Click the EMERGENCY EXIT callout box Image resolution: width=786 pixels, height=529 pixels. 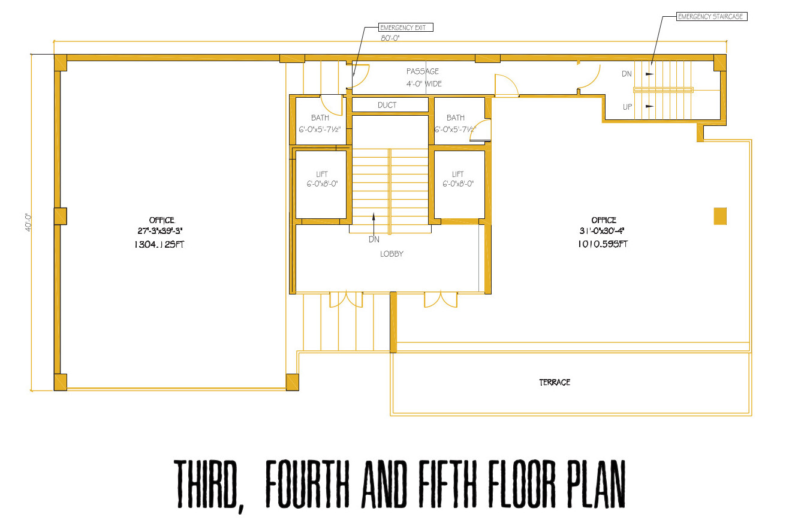point(406,28)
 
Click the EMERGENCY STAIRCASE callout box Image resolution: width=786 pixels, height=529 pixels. point(712,17)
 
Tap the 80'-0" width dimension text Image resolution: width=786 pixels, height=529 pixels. point(390,38)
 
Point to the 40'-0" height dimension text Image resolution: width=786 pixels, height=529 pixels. point(28,223)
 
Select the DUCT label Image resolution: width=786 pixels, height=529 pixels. point(387,105)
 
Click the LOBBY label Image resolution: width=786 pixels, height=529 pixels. point(392,254)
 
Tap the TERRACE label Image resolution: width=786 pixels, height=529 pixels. point(555,382)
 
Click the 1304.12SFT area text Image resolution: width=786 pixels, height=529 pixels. point(159,244)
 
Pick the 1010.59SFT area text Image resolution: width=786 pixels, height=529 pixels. point(603,244)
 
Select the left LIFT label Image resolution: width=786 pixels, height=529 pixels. point(322,174)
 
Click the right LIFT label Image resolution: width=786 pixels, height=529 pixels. point(457,174)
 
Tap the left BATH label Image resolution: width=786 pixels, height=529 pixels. point(320,118)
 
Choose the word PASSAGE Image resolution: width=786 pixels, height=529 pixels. point(423,71)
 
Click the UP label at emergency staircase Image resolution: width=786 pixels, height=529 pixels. point(627,107)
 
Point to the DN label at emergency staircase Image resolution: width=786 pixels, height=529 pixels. point(627,74)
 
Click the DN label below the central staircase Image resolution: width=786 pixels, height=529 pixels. point(374,239)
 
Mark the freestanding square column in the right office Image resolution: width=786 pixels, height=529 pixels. point(720,216)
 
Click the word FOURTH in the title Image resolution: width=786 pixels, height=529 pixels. point(307,485)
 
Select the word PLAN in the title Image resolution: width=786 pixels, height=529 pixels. point(596,485)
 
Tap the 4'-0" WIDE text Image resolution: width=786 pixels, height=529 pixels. point(424,84)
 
